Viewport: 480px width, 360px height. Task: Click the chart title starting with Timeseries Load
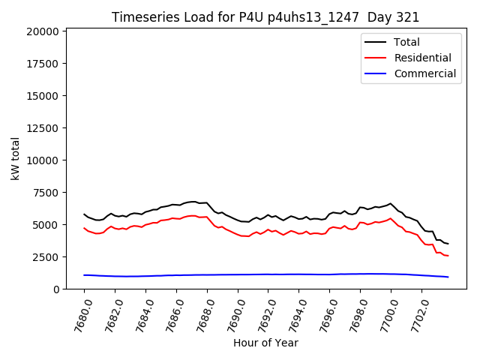pyautogui.click(x=265, y=17)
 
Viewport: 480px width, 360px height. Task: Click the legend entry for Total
pyautogui.click(x=406, y=43)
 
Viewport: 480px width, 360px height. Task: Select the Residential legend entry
pyautogui.click(x=422, y=58)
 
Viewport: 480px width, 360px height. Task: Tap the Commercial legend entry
pyautogui.click(x=424, y=73)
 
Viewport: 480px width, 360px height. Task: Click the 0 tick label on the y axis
pyautogui.click(x=56, y=289)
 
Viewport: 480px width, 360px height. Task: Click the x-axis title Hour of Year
pyautogui.click(x=265, y=343)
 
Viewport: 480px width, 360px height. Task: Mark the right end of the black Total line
pyautogui.click(x=448, y=244)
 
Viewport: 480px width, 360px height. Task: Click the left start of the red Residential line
pyautogui.click(x=84, y=228)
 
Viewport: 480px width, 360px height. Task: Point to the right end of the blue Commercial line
pyautogui.click(x=448, y=277)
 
